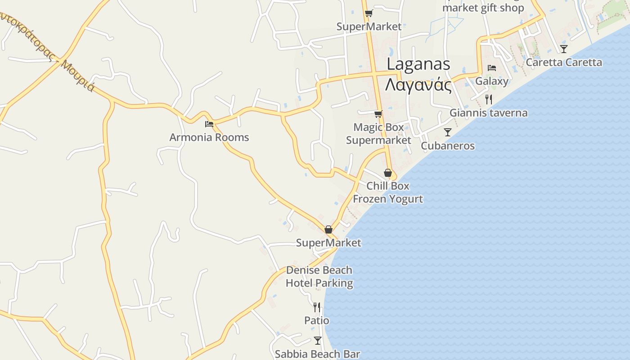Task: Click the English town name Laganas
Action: (x=418, y=64)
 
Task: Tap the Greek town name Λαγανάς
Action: (x=418, y=84)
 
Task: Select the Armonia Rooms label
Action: (x=209, y=137)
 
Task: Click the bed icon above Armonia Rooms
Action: (x=209, y=124)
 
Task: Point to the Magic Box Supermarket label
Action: (x=378, y=134)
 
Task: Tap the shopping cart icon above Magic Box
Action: (x=378, y=114)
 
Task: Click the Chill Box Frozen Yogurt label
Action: (x=387, y=192)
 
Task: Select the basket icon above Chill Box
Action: (x=387, y=173)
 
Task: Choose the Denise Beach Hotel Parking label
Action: (x=319, y=276)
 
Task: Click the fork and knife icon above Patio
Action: (x=317, y=307)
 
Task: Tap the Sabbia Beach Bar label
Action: (x=317, y=354)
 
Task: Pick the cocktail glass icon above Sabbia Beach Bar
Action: (x=317, y=340)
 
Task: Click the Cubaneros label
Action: (x=447, y=146)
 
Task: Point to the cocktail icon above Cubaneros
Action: (x=447, y=132)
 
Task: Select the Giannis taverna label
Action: (x=488, y=112)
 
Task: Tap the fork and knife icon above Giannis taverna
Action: (x=489, y=99)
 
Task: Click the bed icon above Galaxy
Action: (x=491, y=68)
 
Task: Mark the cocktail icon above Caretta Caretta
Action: (x=563, y=49)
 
